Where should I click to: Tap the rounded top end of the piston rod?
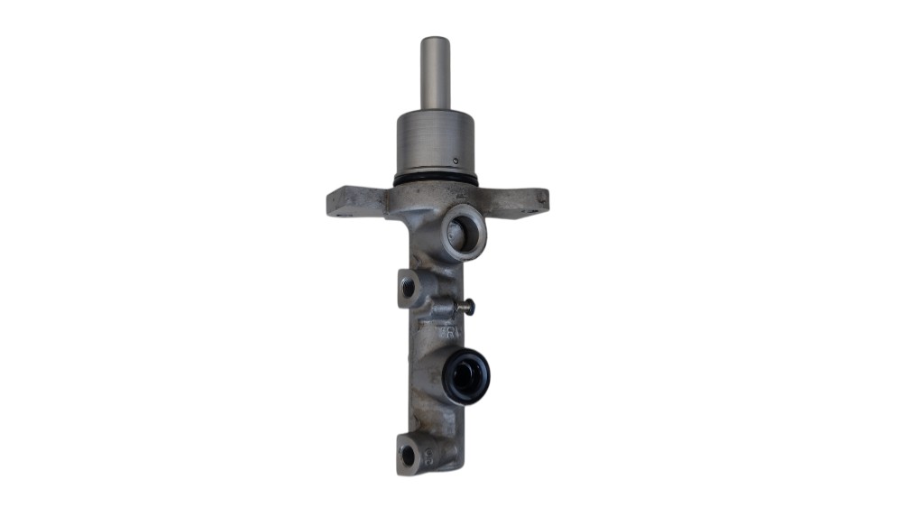pos(435,40)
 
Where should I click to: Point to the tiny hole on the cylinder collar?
pos(456,161)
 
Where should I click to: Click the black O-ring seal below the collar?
pos(435,181)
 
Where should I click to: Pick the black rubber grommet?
pos(467,375)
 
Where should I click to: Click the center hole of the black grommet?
pos(467,376)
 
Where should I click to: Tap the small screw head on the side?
pos(465,307)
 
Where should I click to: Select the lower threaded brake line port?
pos(409,456)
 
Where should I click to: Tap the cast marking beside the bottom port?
pos(429,456)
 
